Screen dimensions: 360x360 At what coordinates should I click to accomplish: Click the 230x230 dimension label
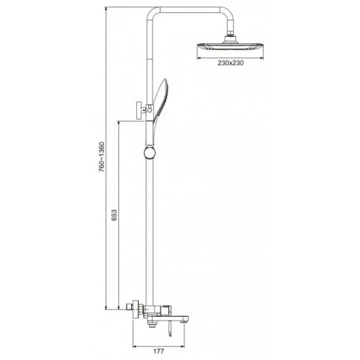(230, 63)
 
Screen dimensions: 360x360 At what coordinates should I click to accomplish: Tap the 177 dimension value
(158, 351)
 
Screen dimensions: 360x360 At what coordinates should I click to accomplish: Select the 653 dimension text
(114, 215)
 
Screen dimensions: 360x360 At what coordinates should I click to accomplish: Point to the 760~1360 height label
(102, 157)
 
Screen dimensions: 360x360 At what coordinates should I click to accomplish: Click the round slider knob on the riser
(150, 153)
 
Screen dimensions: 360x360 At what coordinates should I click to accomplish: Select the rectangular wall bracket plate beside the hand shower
(139, 110)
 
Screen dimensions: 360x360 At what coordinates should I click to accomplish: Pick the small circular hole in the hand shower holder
(150, 110)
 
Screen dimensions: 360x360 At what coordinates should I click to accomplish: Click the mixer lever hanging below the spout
(170, 328)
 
